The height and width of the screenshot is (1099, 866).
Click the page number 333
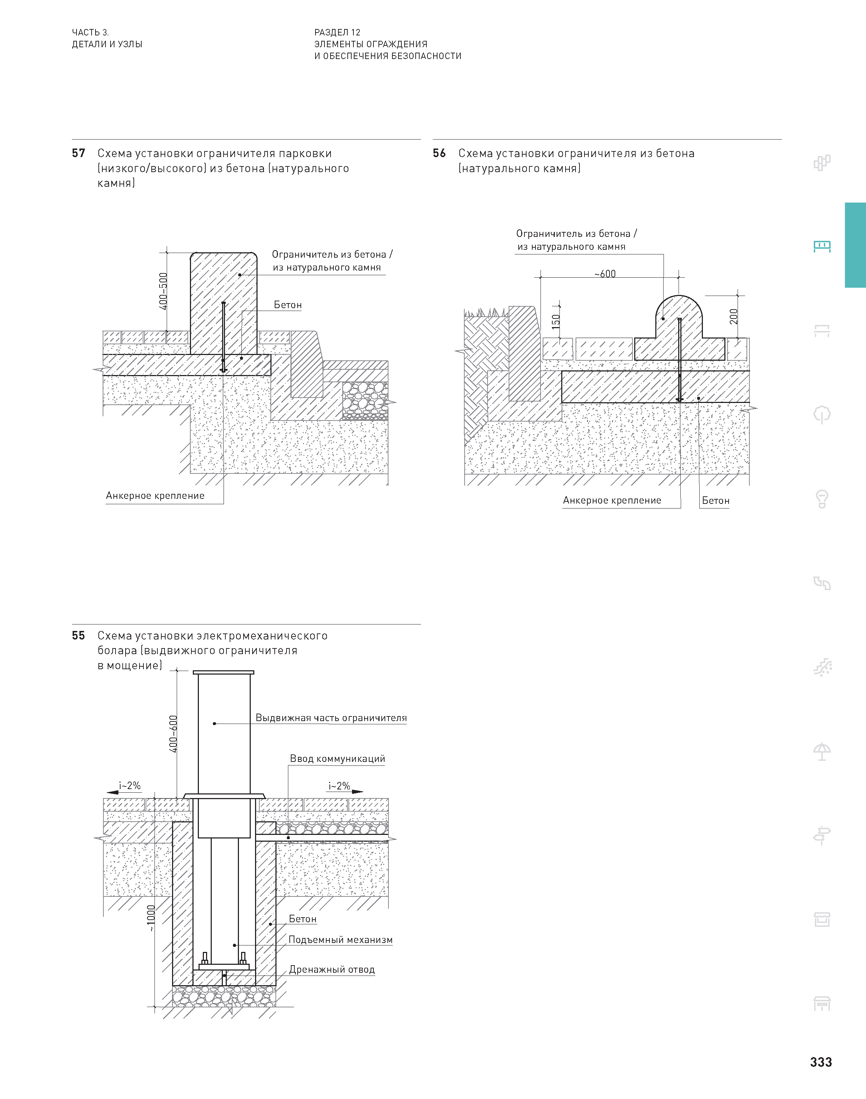tap(820, 1062)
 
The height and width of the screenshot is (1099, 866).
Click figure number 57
tap(79, 153)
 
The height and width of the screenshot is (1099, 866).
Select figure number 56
tap(439, 153)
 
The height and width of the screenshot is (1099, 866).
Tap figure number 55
tap(79, 636)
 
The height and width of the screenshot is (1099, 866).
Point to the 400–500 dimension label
tap(163, 291)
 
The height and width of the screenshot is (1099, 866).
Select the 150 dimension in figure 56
tap(556, 321)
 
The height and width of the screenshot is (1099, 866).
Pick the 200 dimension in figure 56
tap(734, 316)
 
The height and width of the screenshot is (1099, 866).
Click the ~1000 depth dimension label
tap(151, 918)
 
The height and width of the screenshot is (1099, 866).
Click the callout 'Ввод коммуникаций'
tap(337, 759)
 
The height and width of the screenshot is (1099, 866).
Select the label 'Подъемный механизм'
tap(340, 940)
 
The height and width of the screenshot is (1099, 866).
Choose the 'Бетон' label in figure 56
tap(715, 501)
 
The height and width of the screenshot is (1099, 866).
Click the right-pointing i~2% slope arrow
tap(357, 791)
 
